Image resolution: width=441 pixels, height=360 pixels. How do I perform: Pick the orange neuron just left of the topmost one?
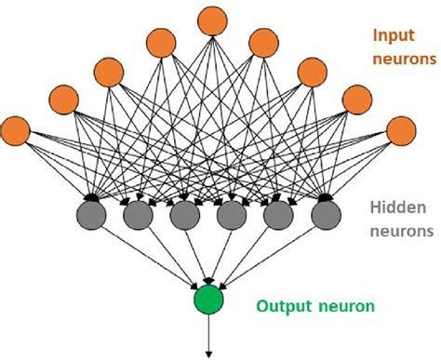(x=162, y=42)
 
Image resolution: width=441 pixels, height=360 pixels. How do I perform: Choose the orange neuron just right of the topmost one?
(x=262, y=42)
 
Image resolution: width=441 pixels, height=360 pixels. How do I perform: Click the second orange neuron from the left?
(x=63, y=99)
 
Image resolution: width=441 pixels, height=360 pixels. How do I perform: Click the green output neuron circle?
(x=208, y=300)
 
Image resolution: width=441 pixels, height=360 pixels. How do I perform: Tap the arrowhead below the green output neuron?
(x=208, y=352)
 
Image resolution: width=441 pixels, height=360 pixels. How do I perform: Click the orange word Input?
(x=393, y=35)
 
